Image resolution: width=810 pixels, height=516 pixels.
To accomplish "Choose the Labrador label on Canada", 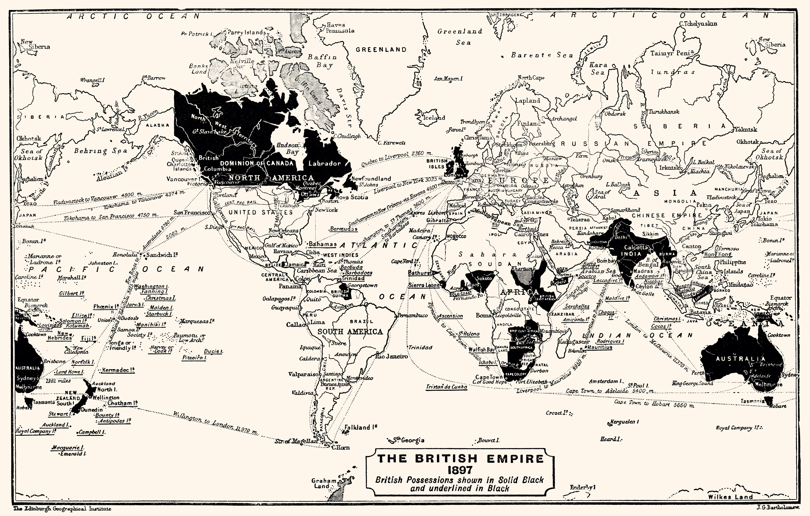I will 325,164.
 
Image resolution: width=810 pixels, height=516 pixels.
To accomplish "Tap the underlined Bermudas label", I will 343,229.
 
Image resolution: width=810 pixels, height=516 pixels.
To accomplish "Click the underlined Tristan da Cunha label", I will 446,387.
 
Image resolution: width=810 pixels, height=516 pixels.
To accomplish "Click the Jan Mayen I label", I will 448,79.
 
